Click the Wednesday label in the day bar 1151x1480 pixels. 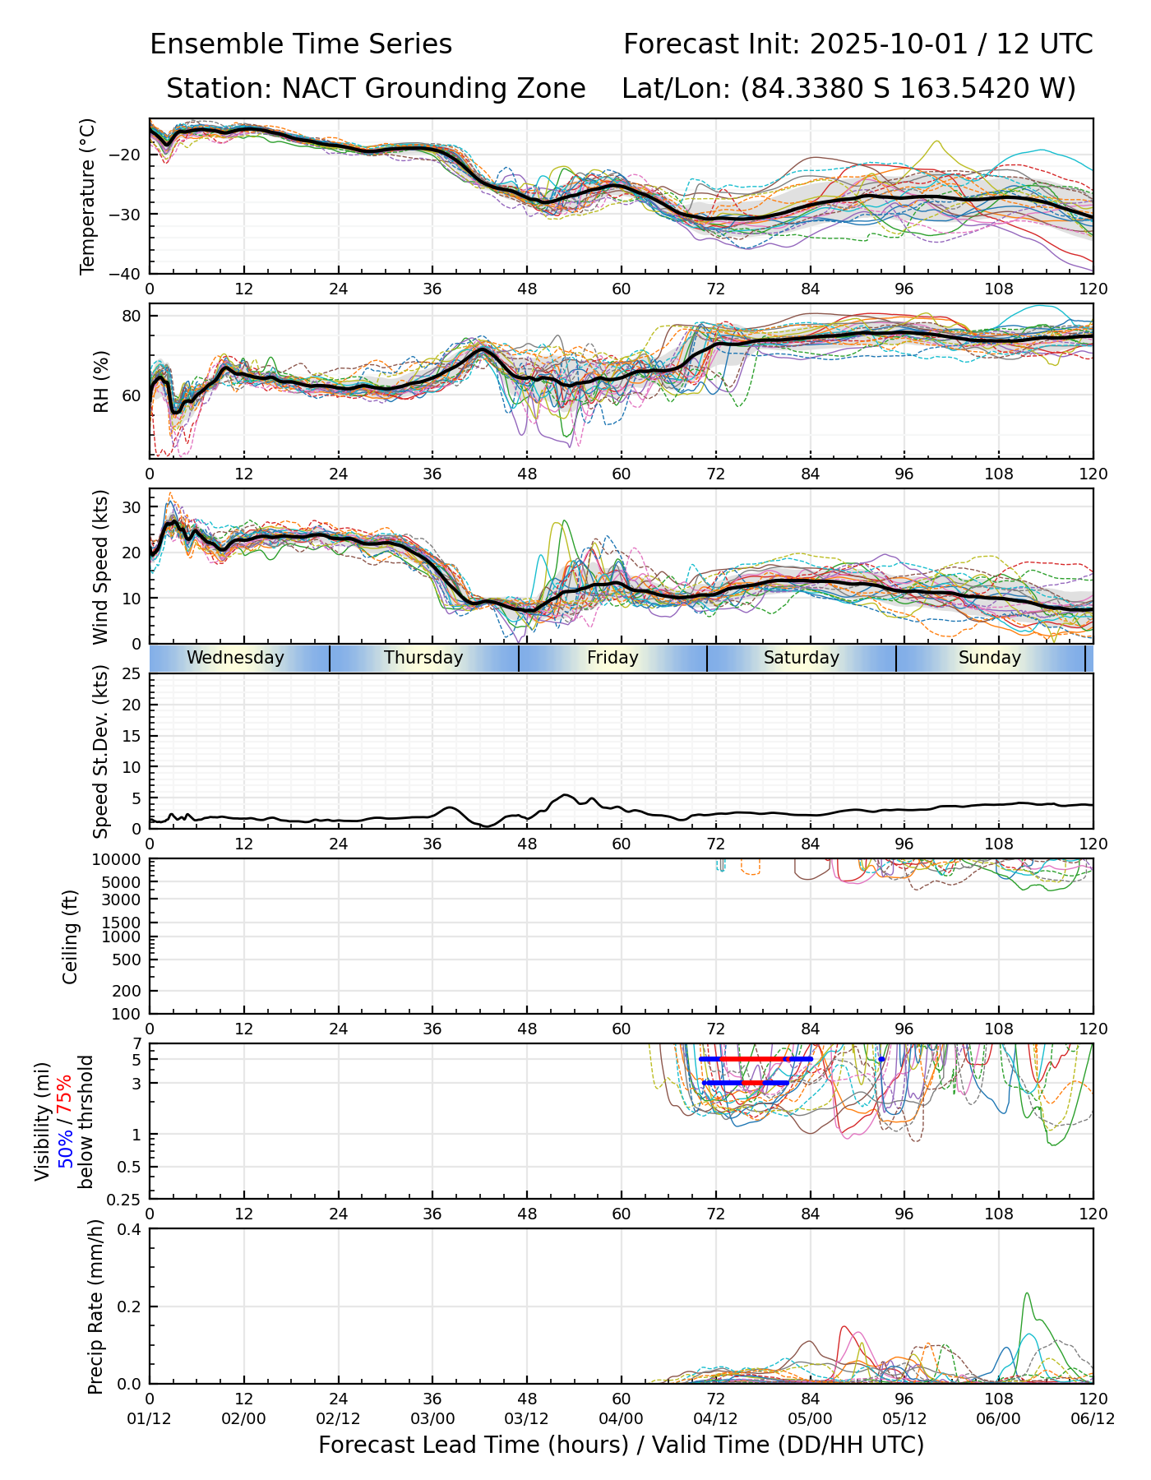click(235, 658)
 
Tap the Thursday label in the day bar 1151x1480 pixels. click(423, 658)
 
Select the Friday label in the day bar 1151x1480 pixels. click(612, 658)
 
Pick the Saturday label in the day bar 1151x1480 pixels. click(802, 658)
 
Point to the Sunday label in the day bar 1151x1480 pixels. click(990, 658)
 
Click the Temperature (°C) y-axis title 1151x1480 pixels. click(88, 196)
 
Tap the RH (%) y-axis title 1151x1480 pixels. click(101, 382)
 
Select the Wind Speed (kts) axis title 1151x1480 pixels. click(100, 567)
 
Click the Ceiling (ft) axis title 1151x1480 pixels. click(71, 937)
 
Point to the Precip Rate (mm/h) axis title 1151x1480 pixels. click(95, 1307)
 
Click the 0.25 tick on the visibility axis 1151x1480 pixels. click(126, 1199)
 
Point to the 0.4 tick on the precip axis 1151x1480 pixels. click(130, 1229)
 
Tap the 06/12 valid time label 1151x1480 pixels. click(1093, 1419)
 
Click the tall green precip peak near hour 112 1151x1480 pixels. click(1027, 1293)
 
